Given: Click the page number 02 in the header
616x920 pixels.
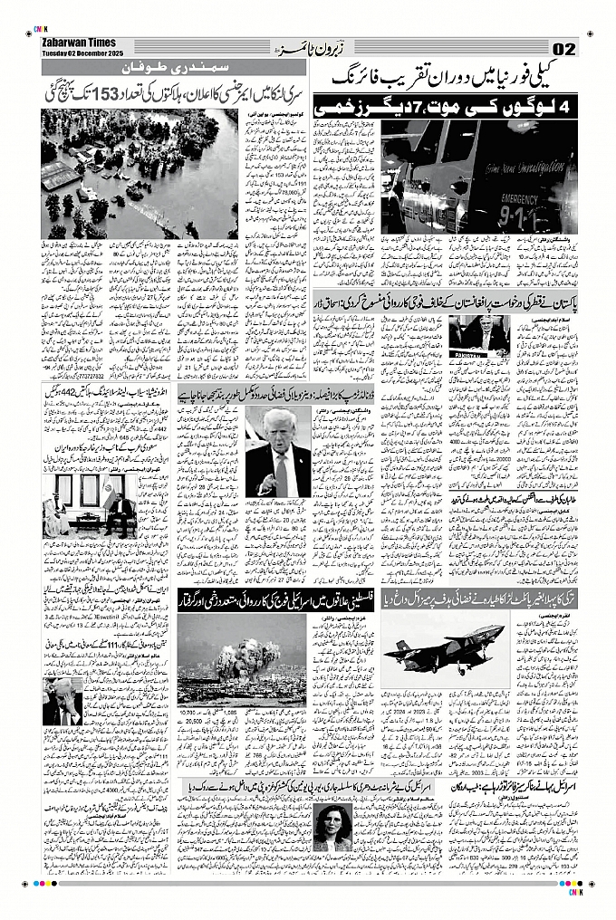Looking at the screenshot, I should point(563,48).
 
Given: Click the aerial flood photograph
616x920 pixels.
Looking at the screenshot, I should point(140,175).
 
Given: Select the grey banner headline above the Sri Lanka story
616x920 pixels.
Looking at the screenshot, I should point(173,69).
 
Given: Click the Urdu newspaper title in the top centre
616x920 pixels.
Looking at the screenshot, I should point(308,48).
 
